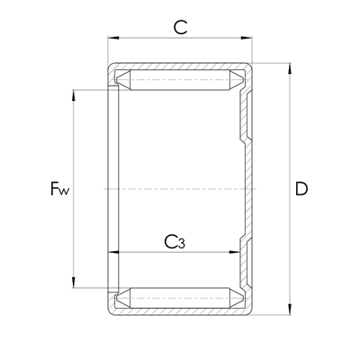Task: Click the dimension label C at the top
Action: [180, 27]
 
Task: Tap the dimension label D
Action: [301, 189]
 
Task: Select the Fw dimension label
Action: [59, 189]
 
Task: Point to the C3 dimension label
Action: [175, 242]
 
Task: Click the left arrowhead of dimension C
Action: [113, 38]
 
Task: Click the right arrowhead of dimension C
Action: [247, 38]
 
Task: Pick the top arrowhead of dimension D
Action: [290, 68]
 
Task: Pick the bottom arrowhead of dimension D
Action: [290, 310]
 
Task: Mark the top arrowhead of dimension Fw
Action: [74, 95]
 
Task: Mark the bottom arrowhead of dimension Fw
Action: [74, 283]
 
